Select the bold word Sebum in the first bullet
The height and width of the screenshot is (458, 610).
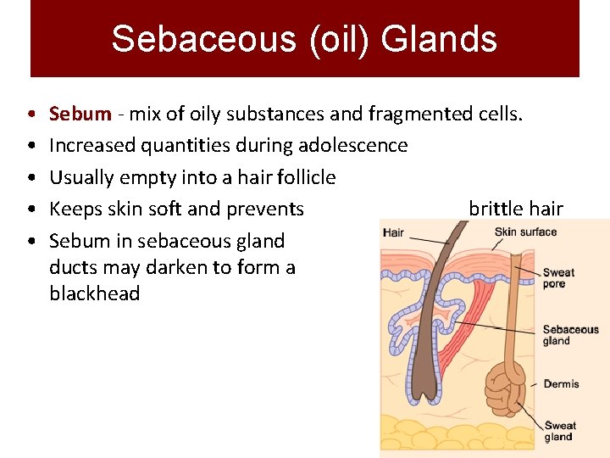pyautogui.click(x=80, y=114)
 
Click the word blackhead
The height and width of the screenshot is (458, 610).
pyautogui.click(x=94, y=294)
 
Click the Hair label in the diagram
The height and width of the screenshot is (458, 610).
pyautogui.click(x=393, y=232)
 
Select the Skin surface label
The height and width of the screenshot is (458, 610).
pyautogui.click(x=525, y=232)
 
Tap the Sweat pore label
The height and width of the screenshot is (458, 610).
pyautogui.click(x=558, y=278)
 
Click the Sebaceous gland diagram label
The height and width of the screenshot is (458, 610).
pyautogui.click(x=569, y=335)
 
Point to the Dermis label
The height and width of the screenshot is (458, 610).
pyautogui.click(x=561, y=384)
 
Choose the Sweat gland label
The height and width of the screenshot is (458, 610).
pyautogui.click(x=559, y=431)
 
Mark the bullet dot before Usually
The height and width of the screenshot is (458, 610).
pyautogui.click(x=30, y=178)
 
